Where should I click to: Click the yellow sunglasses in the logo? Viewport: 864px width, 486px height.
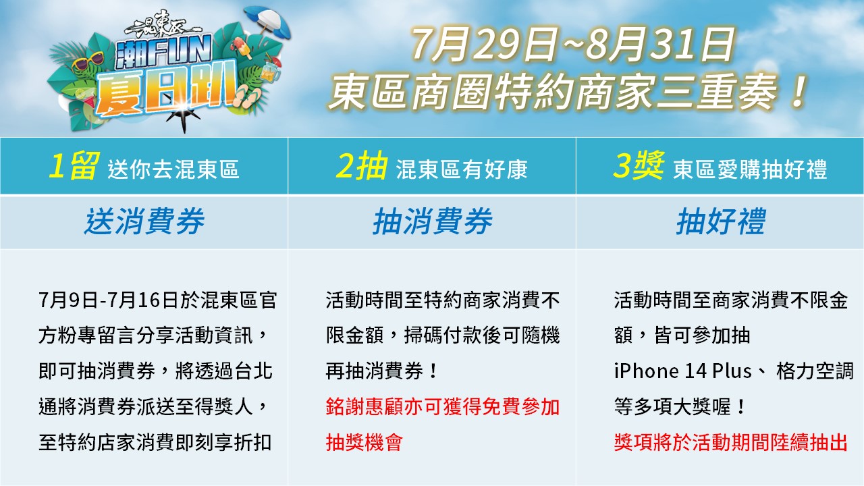pos(87,61)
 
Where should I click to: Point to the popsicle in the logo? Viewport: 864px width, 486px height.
pos(242,47)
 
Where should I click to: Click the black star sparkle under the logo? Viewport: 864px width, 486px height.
pos(184,115)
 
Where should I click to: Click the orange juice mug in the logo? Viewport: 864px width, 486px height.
pos(271,71)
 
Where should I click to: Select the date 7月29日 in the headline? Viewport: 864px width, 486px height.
pos(485,45)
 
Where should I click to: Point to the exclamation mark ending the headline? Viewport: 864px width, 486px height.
pos(799,91)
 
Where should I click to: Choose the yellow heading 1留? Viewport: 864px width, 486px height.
pos(74,166)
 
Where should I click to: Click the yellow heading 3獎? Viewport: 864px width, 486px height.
pos(639,166)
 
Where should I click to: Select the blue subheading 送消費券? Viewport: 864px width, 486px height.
pos(144,221)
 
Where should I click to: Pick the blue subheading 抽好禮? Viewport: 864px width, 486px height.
pos(720,221)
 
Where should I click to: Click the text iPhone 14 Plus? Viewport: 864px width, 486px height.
pos(682,371)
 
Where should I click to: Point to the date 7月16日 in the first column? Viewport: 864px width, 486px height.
pos(142,300)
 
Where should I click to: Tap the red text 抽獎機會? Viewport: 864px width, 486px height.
pos(364,442)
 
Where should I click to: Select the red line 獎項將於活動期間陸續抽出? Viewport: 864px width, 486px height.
pos(731,442)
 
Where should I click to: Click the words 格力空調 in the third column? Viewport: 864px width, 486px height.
pos(815,371)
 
